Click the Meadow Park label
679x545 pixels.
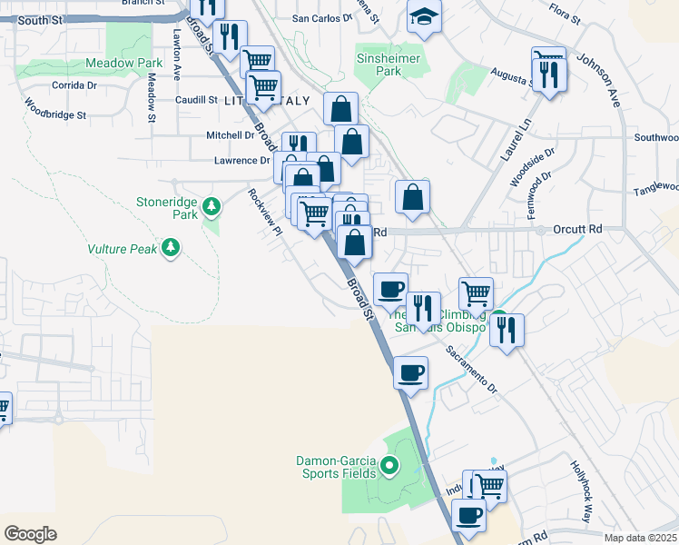(x=123, y=64)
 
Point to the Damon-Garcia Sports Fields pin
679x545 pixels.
(x=390, y=468)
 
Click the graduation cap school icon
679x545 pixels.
(x=423, y=17)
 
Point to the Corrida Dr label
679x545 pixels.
(x=74, y=84)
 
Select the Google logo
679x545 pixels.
(x=30, y=534)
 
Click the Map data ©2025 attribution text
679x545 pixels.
(x=641, y=538)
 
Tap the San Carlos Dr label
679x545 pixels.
(x=321, y=17)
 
